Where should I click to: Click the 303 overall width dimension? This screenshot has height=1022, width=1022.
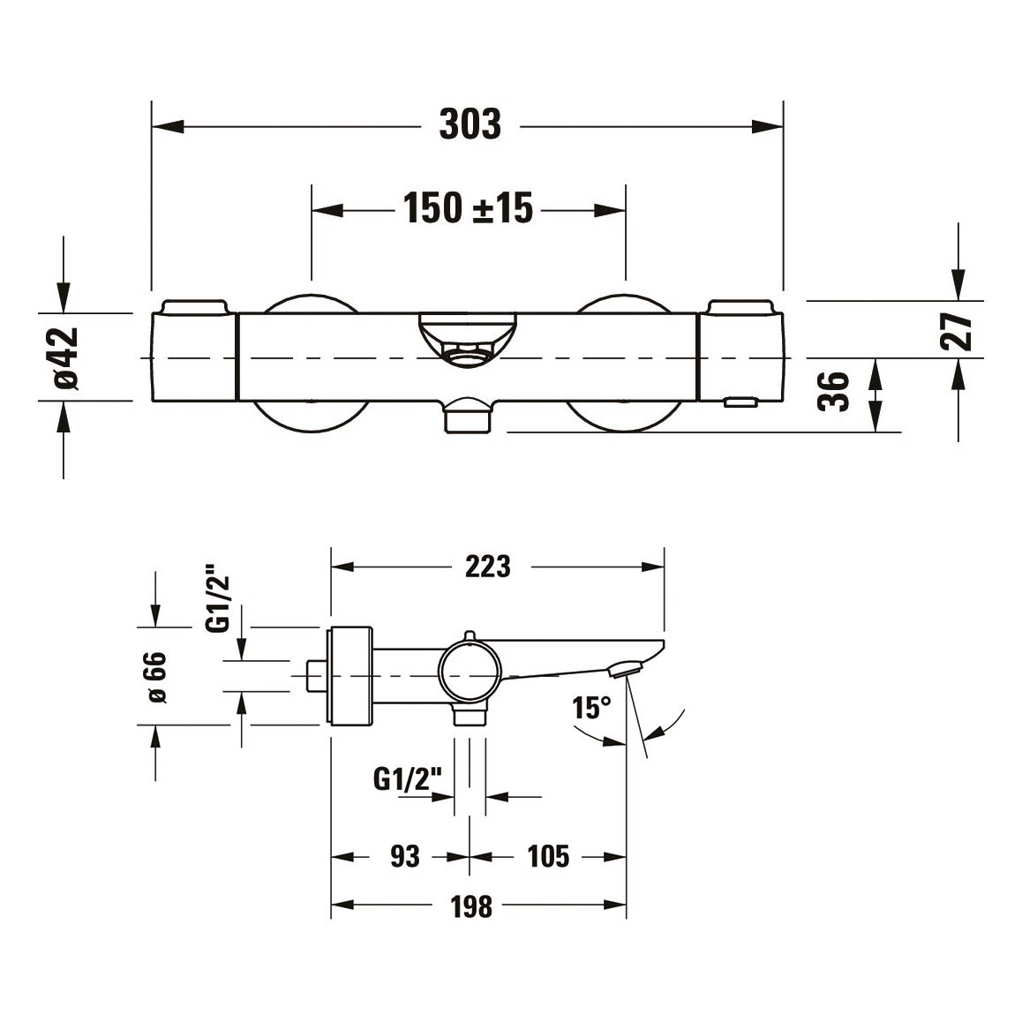coord(470,124)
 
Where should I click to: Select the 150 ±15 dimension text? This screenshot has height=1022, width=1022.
coord(468,208)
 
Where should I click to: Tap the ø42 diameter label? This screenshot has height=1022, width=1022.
coord(66,357)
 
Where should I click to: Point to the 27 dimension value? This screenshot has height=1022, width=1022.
coord(956,332)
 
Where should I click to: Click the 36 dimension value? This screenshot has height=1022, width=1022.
coord(834,392)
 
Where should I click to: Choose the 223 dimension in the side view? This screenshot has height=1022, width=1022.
coord(487,567)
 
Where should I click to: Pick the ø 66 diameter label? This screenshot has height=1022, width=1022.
coord(157,677)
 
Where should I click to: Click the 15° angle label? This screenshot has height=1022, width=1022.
coord(592,708)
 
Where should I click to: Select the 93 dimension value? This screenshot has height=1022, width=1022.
coord(405,856)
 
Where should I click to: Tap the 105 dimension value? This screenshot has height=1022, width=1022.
coord(548,856)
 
